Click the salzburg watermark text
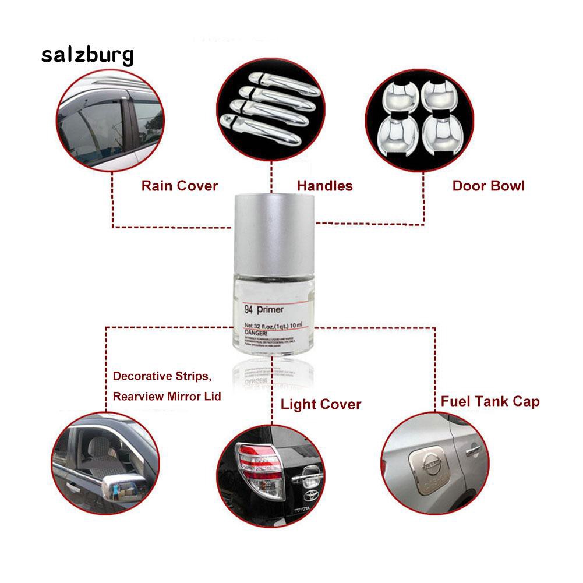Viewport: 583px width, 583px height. (x=87, y=55)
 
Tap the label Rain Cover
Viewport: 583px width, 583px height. (x=179, y=186)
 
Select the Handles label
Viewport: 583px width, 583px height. (x=324, y=186)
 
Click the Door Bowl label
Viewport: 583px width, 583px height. (x=488, y=186)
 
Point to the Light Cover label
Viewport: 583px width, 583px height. (x=321, y=404)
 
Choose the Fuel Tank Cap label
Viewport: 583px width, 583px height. (x=490, y=401)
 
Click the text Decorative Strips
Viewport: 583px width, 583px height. (x=161, y=376)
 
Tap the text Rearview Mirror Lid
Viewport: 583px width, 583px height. (x=167, y=396)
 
